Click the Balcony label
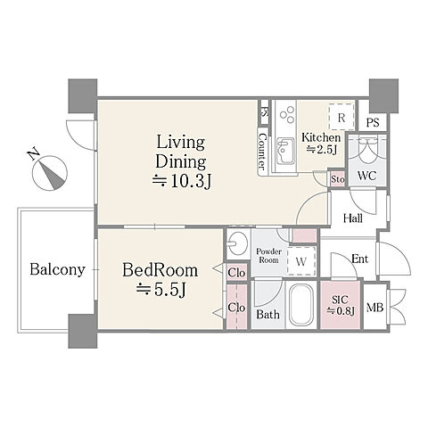(57, 269)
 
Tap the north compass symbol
(50, 172)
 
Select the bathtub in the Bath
(301, 305)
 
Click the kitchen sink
(285, 152)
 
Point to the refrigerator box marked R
(342, 117)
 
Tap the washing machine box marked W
(301, 262)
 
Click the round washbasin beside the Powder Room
(238, 244)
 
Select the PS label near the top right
(373, 123)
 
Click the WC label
(366, 176)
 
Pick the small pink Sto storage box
(337, 179)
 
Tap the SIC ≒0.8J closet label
(341, 305)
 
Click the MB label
(374, 308)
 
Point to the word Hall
(353, 218)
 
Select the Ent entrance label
(359, 259)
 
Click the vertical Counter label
(262, 152)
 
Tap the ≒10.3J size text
(182, 181)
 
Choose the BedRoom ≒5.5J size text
(161, 289)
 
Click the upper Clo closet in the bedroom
(237, 272)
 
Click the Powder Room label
(268, 256)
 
